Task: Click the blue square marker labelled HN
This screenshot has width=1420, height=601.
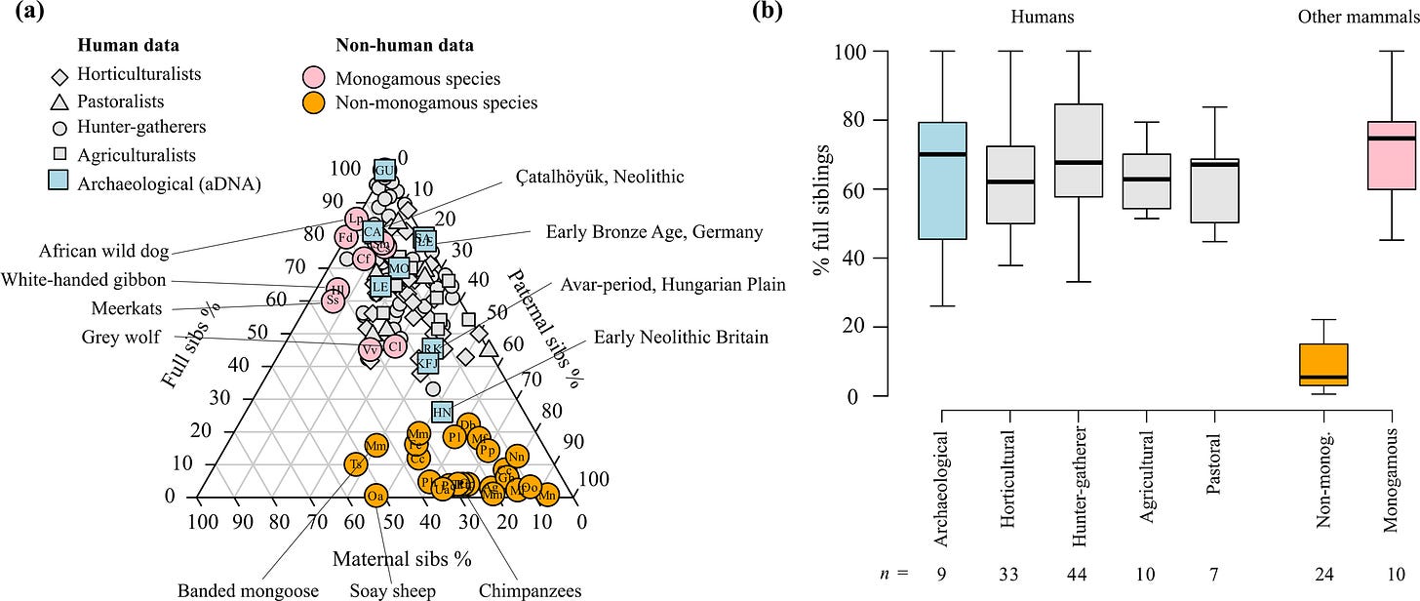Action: pyautogui.click(x=442, y=412)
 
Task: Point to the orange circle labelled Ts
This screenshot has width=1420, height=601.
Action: pyautogui.click(x=355, y=464)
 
